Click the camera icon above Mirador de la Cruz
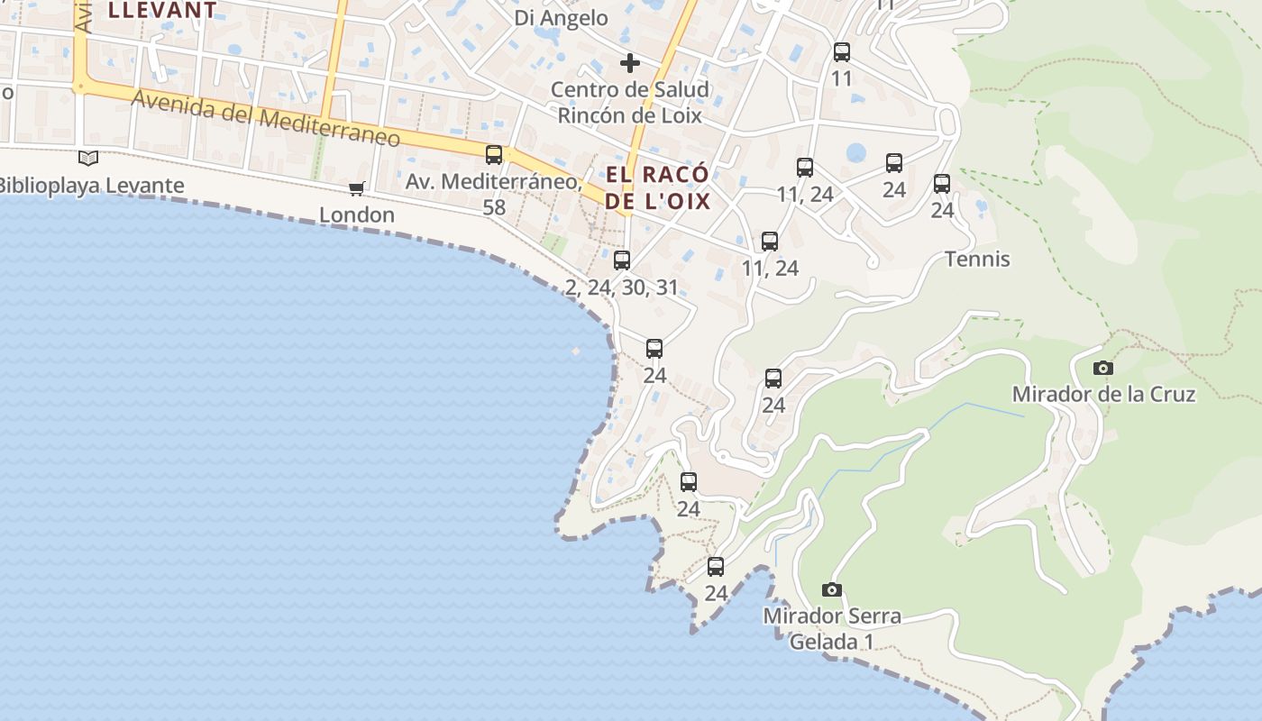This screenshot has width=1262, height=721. point(1102,368)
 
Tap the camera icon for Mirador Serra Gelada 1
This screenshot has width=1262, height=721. point(832,590)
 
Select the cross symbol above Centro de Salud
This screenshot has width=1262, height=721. point(630,63)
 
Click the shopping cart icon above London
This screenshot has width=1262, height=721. point(357,188)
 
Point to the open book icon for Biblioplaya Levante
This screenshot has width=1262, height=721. point(88,159)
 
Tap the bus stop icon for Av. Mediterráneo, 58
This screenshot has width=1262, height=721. point(494,154)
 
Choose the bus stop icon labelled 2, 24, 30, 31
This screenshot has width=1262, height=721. point(622,260)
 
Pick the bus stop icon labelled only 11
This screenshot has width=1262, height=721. point(842,52)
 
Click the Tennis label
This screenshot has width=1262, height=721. point(977,260)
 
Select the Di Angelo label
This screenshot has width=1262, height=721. point(561,18)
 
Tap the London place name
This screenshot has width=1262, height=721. point(357,214)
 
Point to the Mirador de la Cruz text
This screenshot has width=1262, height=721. point(1103,394)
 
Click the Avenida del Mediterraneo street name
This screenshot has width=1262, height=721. point(266,118)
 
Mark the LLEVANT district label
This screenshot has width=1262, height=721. point(162,11)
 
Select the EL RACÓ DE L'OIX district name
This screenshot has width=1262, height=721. point(657,187)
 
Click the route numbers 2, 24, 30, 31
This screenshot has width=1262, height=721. point(622,287)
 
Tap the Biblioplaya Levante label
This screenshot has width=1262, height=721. point(90,186)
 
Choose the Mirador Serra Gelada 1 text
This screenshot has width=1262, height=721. point(832,629)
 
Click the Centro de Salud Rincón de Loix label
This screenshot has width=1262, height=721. point(630,102)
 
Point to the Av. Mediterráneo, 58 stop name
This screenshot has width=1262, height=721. point(493,194)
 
